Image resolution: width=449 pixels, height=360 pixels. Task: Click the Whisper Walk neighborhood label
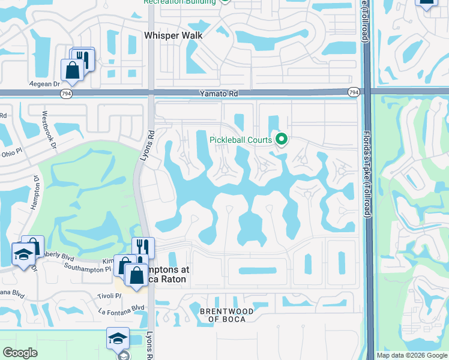[173, 35]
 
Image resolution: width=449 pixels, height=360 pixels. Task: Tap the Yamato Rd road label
[218, 94]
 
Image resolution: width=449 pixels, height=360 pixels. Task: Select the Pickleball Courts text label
[241, 140]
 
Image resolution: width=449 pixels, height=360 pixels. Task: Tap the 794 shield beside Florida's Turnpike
[354, 92]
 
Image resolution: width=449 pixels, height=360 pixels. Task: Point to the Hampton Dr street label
[35, 191]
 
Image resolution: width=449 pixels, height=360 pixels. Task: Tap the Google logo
[20, 353]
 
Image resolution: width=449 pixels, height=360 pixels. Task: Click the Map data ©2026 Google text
[412, 355]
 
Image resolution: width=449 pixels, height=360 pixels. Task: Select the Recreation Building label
[179, 2]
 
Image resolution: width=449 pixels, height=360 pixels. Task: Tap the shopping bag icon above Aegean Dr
[73, 70]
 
